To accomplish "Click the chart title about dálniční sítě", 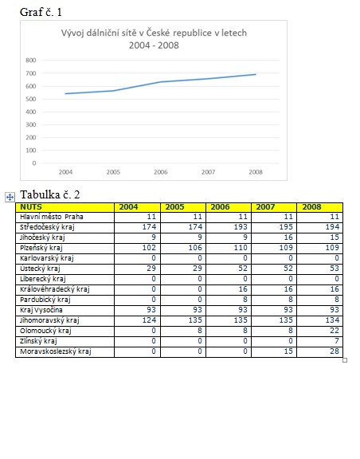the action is [154, 39].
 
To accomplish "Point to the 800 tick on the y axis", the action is [31, 61].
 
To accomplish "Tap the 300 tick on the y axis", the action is [31, 124].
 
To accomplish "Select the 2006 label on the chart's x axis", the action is [161, 172].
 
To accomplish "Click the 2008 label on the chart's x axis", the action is [256, 172].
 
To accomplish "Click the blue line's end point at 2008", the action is [256, 74].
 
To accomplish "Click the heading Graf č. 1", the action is [41, 12].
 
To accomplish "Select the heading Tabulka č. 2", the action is [49, 194].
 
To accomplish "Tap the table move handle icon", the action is [10, 198].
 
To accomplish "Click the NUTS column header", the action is [31, 207].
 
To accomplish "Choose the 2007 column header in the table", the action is [265, 207].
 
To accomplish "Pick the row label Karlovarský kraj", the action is [47, 258].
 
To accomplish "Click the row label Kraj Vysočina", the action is [41, 310].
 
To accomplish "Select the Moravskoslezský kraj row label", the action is [56, 351].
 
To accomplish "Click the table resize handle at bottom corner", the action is [345, 360].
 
